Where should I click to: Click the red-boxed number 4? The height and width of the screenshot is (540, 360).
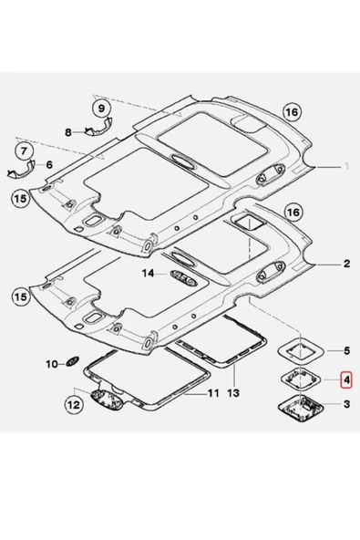pyautogui.click(x=346, y=378)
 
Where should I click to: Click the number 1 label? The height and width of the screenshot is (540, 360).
pyautogui.click(x=346, y=167)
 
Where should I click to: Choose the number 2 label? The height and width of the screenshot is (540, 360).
pyautogui.click(x=346, y=264)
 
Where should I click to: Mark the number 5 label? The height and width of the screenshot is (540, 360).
pyautogui.click(x=346, y=349)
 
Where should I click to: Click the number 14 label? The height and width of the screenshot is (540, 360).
pyautogui.click(x=148, y=273)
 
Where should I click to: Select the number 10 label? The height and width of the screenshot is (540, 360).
pyautogui.click(x=52, y=364)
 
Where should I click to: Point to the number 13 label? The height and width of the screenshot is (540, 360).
pyautogui.click(x=232, y=393)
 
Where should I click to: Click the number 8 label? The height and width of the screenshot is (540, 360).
pyautogui.click(x=67, y=132)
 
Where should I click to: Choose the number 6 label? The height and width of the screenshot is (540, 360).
pyautogui.click(x=49, y=165)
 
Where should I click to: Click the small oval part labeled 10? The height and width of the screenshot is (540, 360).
pyautogui.click(x=75, y=363)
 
